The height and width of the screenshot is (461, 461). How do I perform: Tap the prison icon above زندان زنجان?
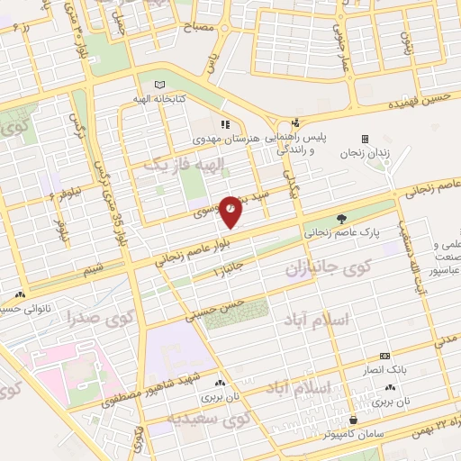point(365,139)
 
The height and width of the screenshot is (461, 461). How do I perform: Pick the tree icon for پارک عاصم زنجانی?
point(340,218)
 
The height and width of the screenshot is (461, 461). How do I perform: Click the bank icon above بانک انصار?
point(384,356)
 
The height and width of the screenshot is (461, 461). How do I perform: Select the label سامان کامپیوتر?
point(354,433)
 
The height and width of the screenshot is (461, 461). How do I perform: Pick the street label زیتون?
point(406,42)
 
